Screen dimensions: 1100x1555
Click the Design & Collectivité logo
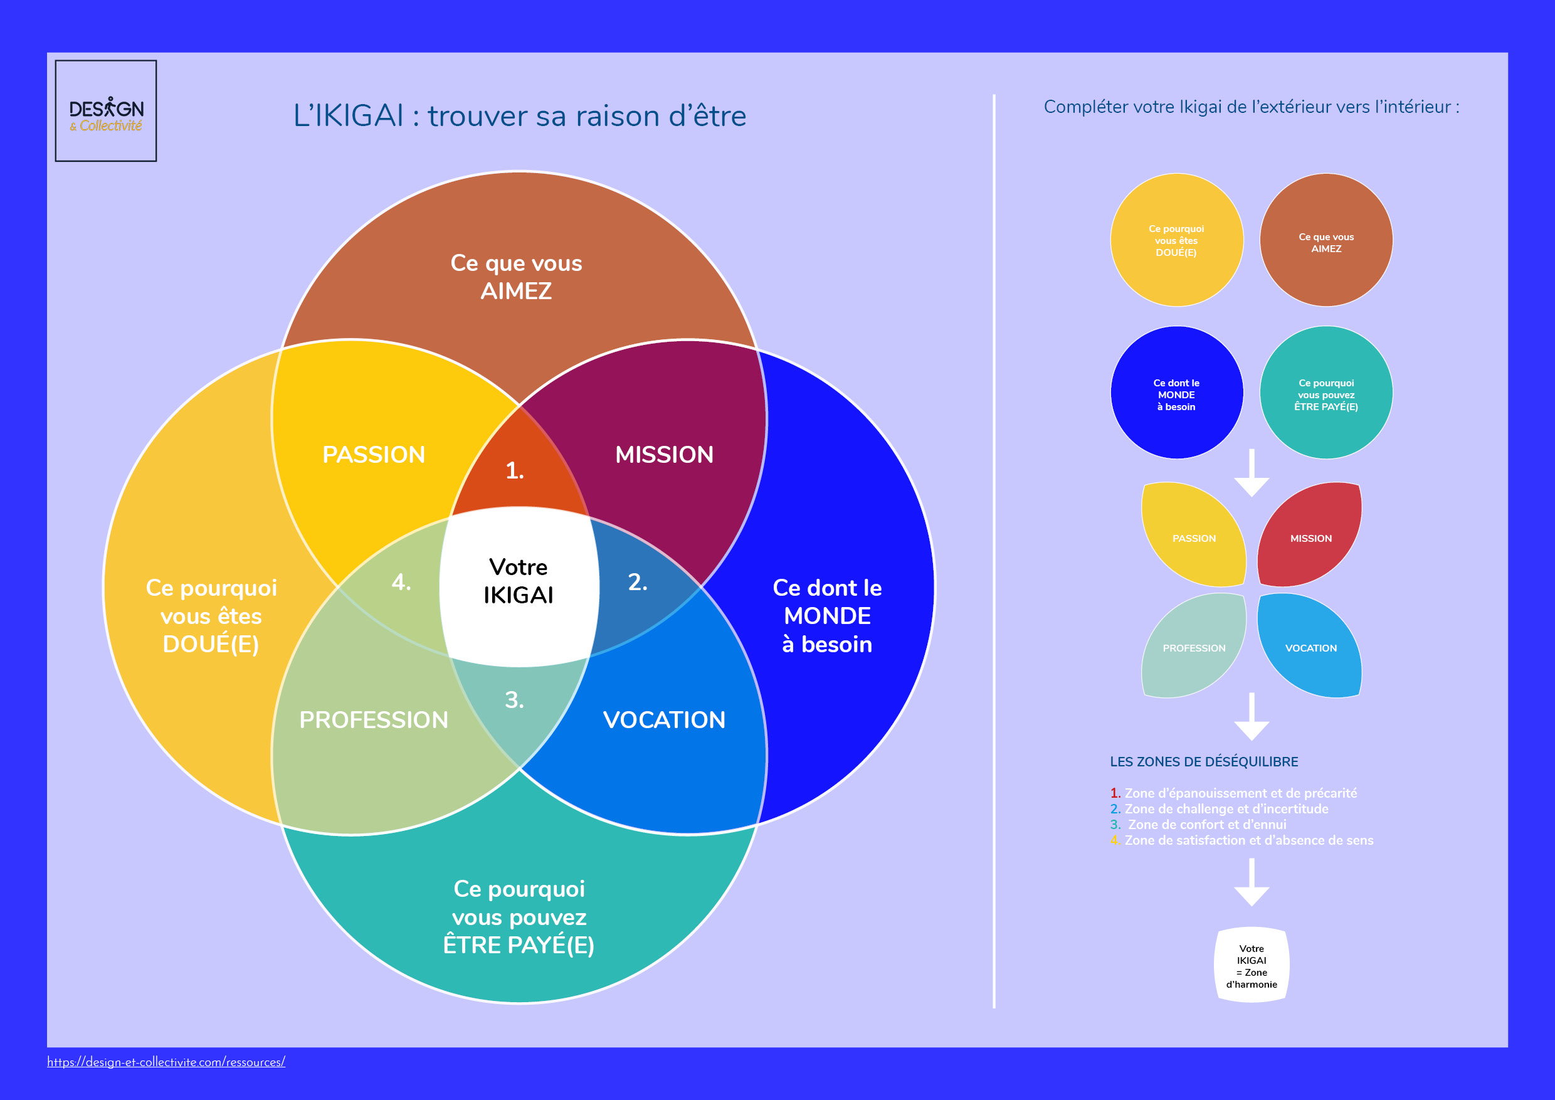(106, 111)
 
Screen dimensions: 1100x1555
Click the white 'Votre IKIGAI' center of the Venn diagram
(519, 581)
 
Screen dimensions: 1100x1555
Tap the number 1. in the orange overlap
(515, 471)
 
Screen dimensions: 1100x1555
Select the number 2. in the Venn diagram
(637, 582)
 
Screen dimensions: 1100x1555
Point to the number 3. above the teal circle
(515, 700)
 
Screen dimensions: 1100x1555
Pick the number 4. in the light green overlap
(401, 582)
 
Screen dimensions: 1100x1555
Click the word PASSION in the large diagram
(374, 455)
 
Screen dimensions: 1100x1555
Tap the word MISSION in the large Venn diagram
(665, 455)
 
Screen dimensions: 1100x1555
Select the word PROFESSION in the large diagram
(374, 719)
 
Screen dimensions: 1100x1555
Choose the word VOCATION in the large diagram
(665, 719)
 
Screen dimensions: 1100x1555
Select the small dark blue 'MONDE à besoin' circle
(1177, 393)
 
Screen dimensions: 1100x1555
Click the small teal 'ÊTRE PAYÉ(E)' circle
(1326, 393)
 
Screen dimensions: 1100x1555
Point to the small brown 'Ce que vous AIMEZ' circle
(1326, 240)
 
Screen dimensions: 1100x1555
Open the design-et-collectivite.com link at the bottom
(166, 1062)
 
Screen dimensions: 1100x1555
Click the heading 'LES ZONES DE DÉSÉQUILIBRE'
(1204, 761)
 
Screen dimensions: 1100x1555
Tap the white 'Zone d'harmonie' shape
(1252, 965)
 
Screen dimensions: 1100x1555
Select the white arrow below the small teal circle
(1252, 474)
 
